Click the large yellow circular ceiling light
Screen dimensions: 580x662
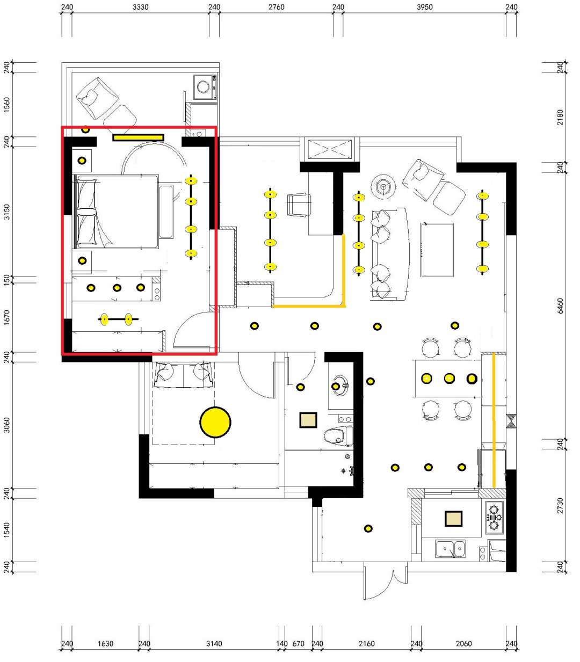click(x=215, y=422)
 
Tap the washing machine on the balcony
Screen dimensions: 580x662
click(x=205, y=87)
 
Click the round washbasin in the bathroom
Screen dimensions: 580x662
click(x=340, y=385)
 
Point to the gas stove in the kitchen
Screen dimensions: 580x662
click(x=494, y=517)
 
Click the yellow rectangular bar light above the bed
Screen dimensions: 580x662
click(x=138, y=137)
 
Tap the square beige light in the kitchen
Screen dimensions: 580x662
click(x=453, y=518)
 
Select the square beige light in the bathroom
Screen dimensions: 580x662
click(x=308, y=420)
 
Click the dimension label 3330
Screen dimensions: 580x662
click(x=141, y=7)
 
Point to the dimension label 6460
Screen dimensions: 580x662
click(x=560, y=305)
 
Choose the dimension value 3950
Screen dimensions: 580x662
click(x=424, y=7)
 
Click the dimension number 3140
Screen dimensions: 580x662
click(x=214, y=644)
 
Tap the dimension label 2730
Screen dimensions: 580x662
click(x=560, y=505)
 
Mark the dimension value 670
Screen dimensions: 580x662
click(x=298, y=644)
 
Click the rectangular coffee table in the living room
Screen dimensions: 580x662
click(x=437, y=250)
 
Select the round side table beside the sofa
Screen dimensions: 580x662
click(x=383, y=186)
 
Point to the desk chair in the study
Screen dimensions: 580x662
click(x=299, y=205)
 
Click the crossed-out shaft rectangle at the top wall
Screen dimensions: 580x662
click(x=330, y=149)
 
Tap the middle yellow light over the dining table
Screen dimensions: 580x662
click(x=450, y=378)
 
